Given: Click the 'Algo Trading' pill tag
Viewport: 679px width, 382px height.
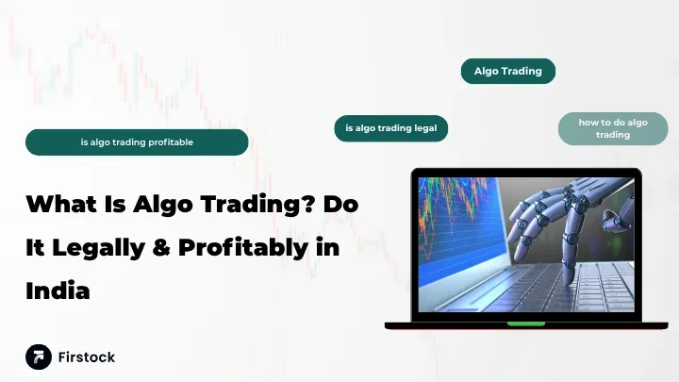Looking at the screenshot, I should pos(507,71).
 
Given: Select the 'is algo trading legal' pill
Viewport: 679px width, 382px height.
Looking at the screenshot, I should pos(390,128).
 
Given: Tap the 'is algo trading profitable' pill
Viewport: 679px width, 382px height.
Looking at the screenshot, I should pos(137,142).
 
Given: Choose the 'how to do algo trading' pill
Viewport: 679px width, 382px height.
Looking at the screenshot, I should pos(613,129).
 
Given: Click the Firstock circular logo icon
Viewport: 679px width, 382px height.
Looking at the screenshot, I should pos(39,357).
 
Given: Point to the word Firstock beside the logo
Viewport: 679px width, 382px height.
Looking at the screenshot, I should pos(87,357).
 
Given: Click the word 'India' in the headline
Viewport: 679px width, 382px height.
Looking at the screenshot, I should pos(58,291).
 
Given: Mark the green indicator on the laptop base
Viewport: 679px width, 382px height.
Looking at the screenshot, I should pos(525,324).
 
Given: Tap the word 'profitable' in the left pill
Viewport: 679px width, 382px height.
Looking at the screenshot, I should pos(169,142).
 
